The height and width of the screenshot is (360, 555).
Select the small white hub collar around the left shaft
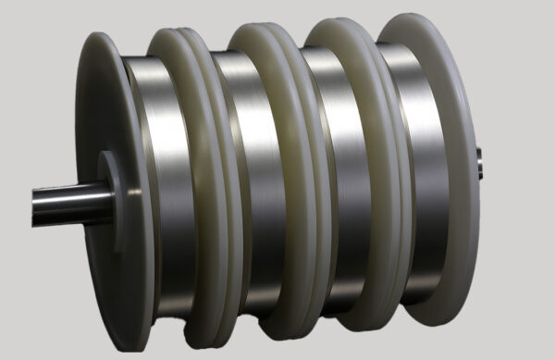point(109,190)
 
